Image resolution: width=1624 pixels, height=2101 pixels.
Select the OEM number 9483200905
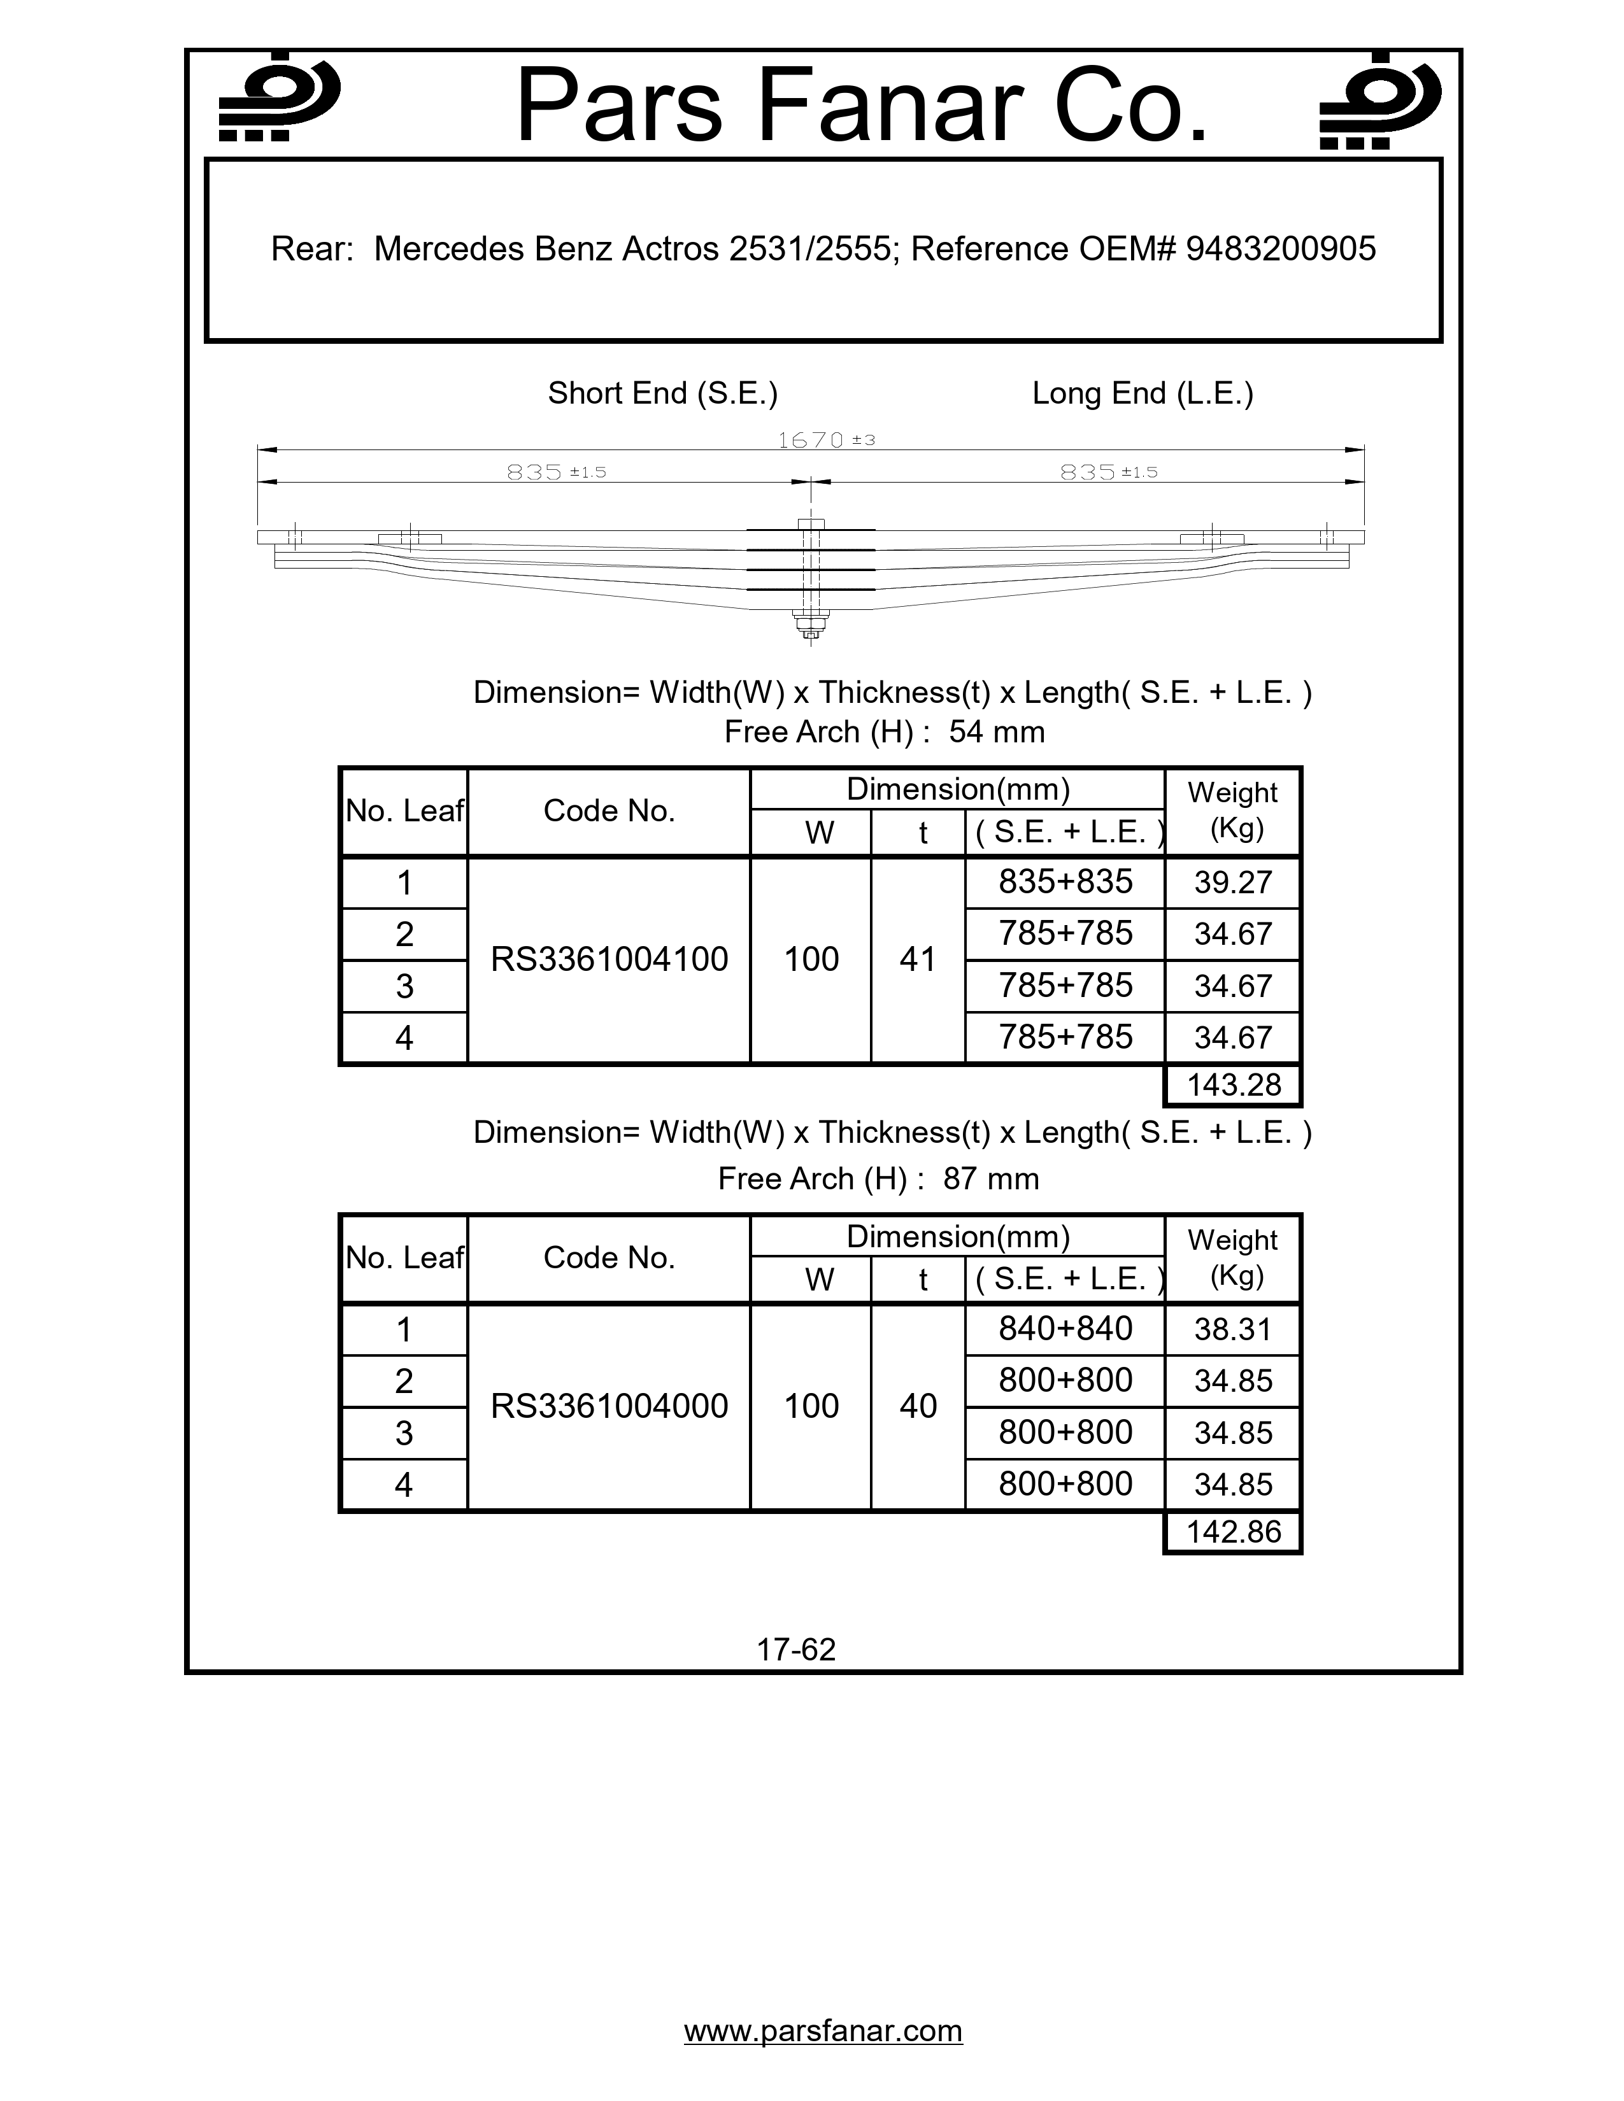(1281, 249)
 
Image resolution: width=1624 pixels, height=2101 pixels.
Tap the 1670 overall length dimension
(811, 441)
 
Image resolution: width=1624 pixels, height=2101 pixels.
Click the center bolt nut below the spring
(811, 630)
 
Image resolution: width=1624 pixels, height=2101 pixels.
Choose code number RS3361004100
(609, 959)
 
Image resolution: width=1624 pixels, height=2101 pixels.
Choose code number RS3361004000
(609, 1406)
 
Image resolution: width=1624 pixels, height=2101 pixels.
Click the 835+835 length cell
(1065, 881)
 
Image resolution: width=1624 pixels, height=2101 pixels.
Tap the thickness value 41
(918, 959)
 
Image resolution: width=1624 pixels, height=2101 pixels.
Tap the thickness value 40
(918, 1406)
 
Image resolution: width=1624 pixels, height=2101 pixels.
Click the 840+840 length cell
(1065, 1329)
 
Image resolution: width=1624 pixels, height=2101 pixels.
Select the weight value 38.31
(1232, 1329)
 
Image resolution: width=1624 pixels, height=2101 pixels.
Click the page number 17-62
(795, 1649)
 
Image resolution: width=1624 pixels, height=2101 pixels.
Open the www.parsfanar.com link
(823, 2030)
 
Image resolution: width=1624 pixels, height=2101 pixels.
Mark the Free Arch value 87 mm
(990, 1178)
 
